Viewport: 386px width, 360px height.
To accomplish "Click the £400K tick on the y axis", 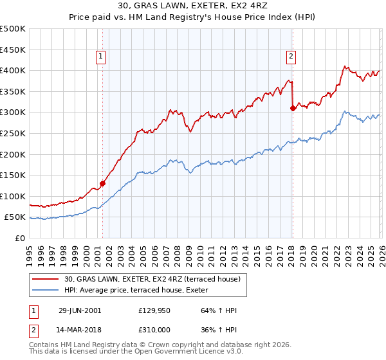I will coord(13,71).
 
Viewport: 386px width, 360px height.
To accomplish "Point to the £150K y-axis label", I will coord(13,175).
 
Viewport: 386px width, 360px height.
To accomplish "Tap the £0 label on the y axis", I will coord(21,238).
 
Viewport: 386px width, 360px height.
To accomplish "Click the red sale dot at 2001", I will coord(103,183).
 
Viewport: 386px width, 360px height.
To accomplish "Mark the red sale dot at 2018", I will coord(293,108).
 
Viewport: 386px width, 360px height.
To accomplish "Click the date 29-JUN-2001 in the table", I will coord(79,310).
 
